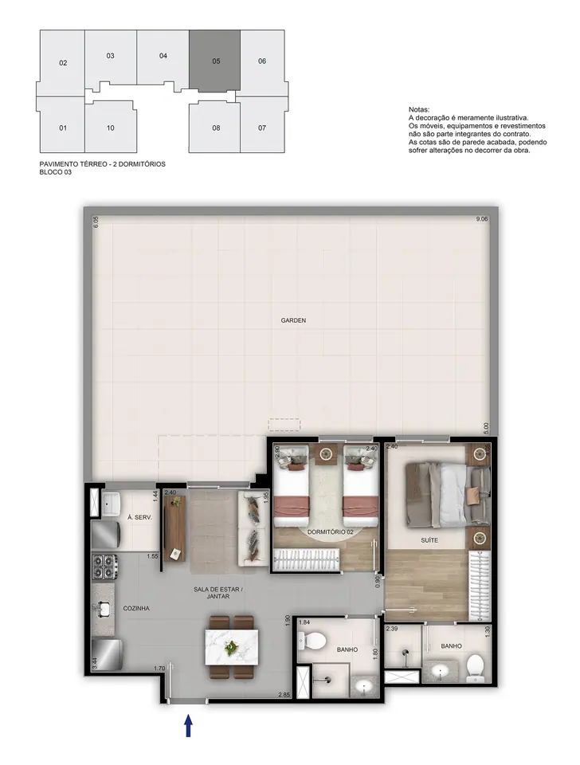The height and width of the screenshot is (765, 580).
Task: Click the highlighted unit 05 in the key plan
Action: point(214,60)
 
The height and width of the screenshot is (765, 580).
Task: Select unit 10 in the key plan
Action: point(111,127)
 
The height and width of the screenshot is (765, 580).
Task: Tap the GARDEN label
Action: point(293,320)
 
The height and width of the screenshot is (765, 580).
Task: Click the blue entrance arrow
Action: point(188,725)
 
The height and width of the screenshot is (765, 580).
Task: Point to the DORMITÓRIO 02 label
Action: point(331,532)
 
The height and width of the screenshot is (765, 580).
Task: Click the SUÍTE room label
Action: point(429,540)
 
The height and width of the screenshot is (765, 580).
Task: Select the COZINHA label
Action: point(136,608)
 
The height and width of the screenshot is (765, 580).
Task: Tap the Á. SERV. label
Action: point(139,517)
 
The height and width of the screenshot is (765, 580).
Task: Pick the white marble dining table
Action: point(232,647)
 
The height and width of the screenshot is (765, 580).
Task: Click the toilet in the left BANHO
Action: point(312,640)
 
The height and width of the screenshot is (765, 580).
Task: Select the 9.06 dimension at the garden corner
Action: point(481,219)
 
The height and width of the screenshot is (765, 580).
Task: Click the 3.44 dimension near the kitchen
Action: point(95,663)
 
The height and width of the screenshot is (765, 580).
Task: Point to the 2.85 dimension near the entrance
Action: point(284,695)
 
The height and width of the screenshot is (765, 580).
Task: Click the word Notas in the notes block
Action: point(419,110)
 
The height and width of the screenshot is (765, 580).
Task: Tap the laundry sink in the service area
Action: point(112,504)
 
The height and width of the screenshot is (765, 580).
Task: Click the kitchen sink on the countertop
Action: point(104,609)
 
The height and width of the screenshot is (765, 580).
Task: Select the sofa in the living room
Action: point(253,528)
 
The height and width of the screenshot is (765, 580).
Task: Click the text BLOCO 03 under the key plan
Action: point(56,172)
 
